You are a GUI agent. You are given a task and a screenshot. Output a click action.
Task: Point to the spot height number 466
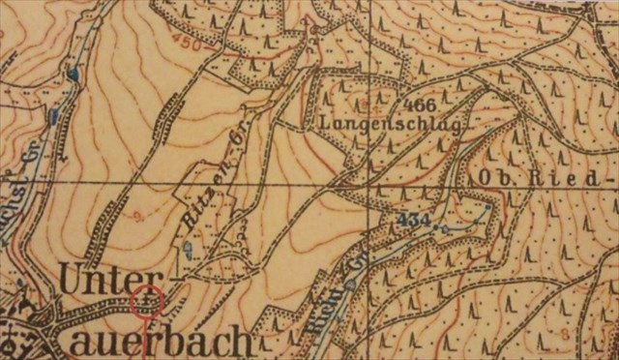[x=421, y=105]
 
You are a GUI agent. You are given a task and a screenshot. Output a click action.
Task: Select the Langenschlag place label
[x=386, y=124]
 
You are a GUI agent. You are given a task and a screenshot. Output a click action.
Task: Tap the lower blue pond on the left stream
[x=52, y=118]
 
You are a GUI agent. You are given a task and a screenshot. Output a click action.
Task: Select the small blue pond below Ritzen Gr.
[x=189, y=252]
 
